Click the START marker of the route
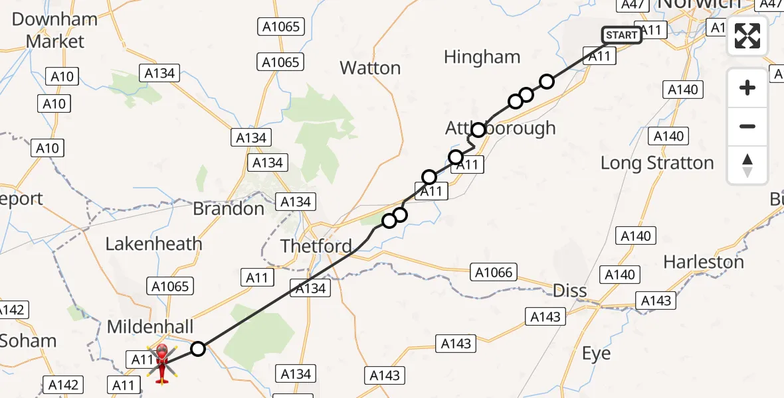point(622,34)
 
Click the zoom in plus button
point(747,88)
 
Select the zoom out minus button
point(747,126)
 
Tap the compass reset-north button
point(747,165)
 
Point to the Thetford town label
point(316,246)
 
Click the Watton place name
point(370,68)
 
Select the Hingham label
point(482,57)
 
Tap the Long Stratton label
point(657,163)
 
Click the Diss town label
point(570,291)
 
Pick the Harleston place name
point(704,262)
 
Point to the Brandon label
point(229,209)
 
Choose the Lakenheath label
point(153,243)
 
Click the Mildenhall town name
point(150,326)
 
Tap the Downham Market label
point(55,30)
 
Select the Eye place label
point(596,354)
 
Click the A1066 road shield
point(494,271)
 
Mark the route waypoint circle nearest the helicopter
point(198,348)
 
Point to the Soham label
point(28,341)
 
